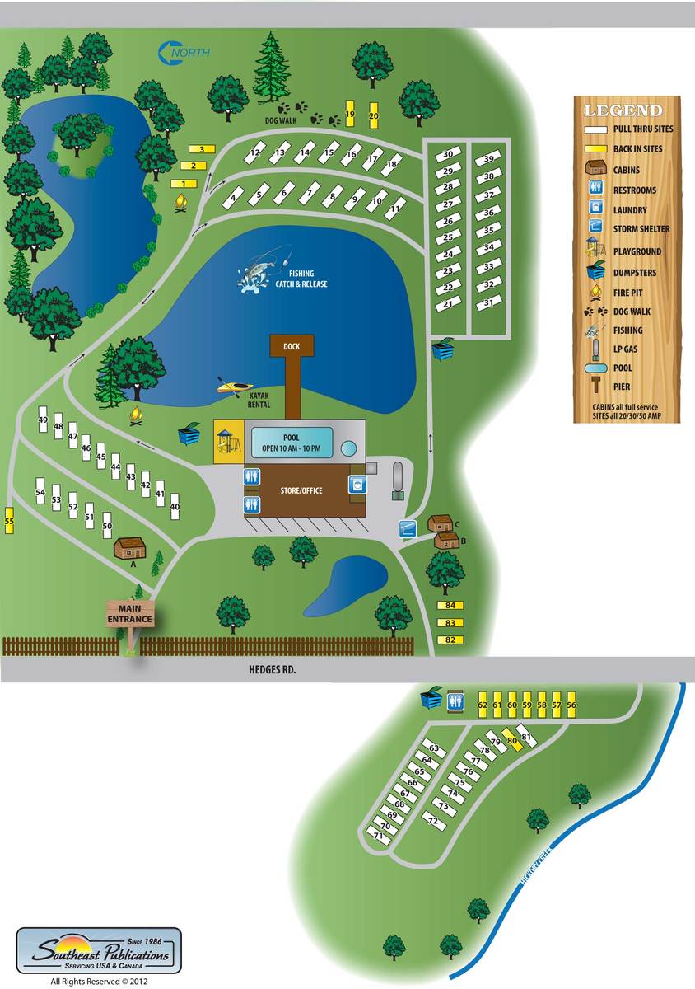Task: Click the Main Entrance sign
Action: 129,614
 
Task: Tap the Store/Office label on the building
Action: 301,491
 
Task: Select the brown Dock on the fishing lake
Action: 292,347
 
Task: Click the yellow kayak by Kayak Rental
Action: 234,386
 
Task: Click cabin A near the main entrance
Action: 129,547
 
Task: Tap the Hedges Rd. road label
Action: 271,670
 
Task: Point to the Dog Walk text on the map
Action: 279,120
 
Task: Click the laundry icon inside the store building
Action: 357,485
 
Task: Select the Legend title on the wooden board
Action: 623,110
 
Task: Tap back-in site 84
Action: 450,606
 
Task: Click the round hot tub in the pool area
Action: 349,448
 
